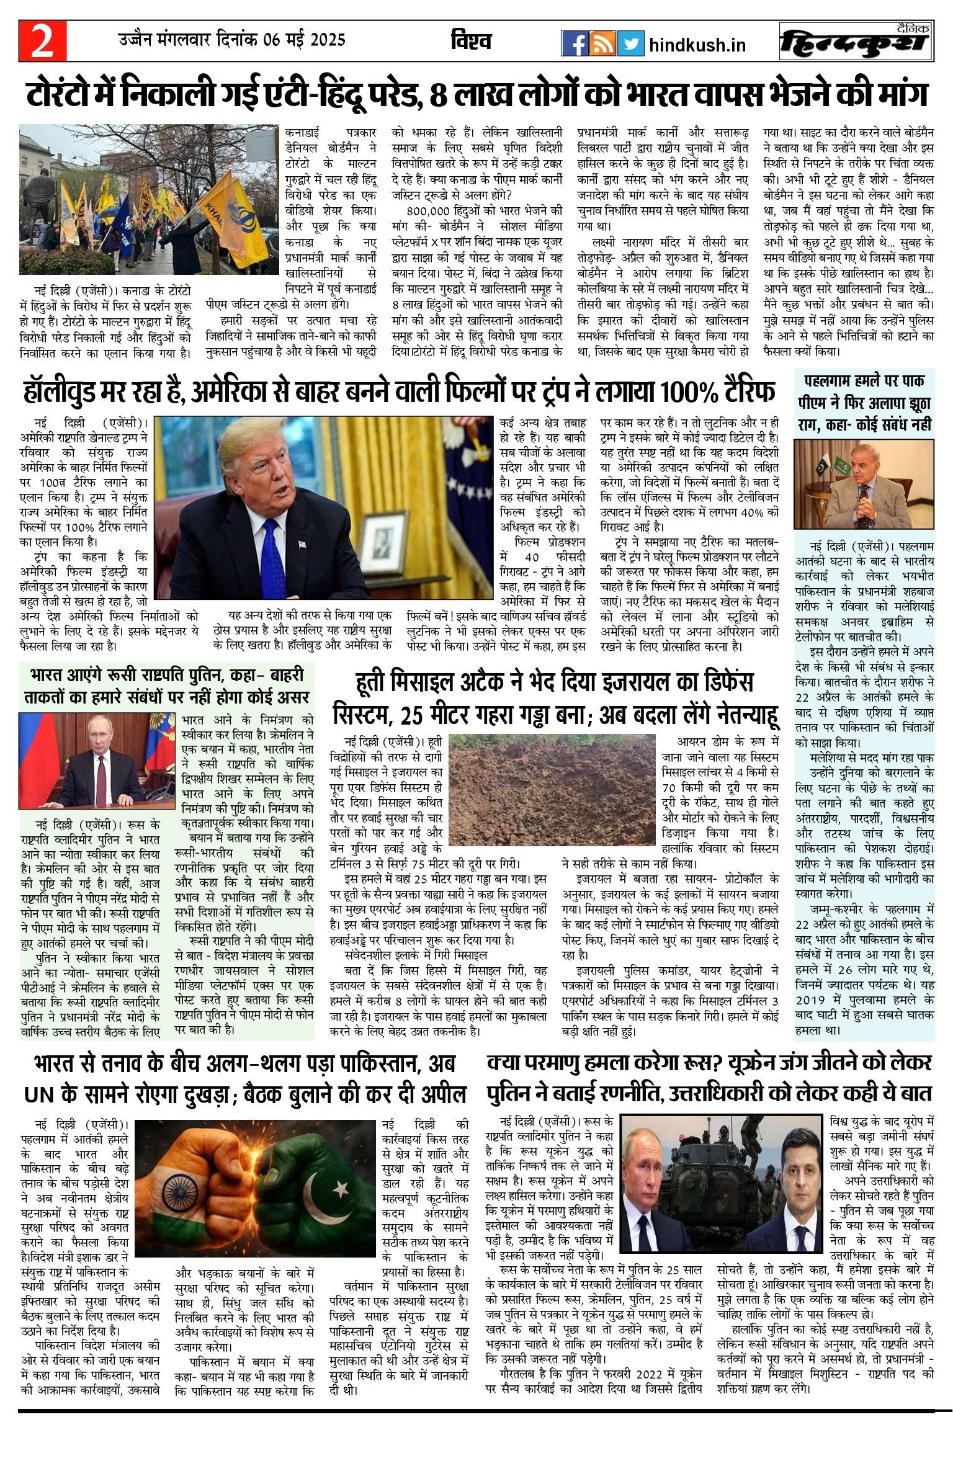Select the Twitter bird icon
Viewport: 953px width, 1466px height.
630,44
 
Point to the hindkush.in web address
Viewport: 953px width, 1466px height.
697,45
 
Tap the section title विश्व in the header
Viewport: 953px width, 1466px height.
471,42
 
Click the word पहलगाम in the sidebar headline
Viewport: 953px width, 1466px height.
830,380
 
